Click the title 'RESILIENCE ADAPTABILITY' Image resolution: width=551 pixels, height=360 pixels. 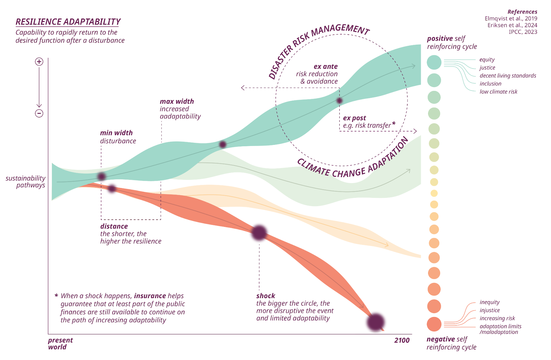click(x=68, y=22)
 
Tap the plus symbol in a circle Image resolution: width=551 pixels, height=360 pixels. click(x=39, y=62)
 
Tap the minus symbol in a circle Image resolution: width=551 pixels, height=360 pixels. click(x=39, y=113)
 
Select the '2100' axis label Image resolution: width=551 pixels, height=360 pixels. click(x=402, y=340)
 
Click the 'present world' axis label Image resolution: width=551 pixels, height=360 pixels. click(x=60, y=343)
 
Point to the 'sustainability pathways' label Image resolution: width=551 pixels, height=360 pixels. click(x=26, y=182)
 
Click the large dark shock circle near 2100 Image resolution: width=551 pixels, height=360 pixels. click(x=375, y=322)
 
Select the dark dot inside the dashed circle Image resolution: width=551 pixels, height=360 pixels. click(x=340, y=100)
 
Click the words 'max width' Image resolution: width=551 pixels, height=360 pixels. click(x=177, y=102)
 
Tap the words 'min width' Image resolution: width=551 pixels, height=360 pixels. click(x=116, y=133)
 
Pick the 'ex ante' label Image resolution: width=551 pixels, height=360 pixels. click(x=325, y=66)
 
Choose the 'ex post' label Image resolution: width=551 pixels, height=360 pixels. click(x=354, y=118)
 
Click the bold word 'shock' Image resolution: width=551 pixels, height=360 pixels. click(x=266, y=296)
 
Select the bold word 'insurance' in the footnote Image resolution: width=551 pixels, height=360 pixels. click(x=150, y=296)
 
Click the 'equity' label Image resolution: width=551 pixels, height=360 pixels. click(x=487, y=60)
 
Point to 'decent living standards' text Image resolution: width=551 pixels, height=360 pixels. click(x=508, y=76)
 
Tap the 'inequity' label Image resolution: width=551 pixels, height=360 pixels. click(x=489, y=302)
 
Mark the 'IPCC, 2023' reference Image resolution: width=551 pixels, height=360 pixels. click(x=523, y=32)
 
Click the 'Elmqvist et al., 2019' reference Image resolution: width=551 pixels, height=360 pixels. click(x=511, y=19)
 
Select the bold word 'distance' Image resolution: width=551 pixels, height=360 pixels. click(x=114, y=226)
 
